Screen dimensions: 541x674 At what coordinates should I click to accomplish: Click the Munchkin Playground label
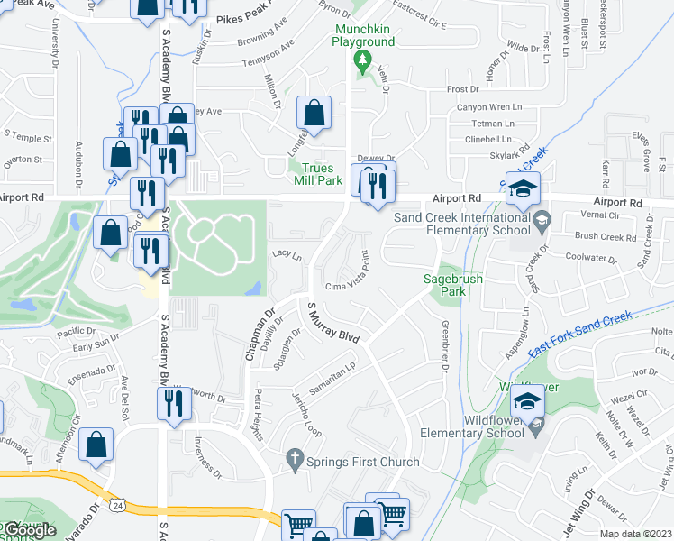(363, 35)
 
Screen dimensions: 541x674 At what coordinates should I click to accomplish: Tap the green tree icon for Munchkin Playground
(363, 62)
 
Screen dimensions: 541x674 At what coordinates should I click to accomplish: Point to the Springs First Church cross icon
(293, 461)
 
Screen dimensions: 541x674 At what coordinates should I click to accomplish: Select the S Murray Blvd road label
(333, 324)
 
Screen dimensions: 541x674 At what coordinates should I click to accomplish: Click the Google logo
(29, 530)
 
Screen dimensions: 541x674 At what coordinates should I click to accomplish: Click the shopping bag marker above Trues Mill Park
(314, 114)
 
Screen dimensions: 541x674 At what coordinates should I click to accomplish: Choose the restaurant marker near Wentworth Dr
(174, 403)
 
